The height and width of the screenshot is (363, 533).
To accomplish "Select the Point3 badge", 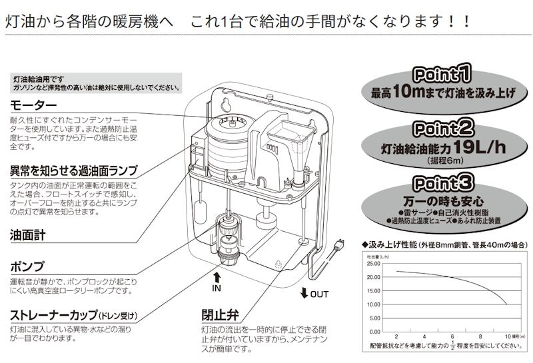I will coord(443,182).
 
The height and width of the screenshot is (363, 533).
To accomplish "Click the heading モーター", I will coord(33,105).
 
